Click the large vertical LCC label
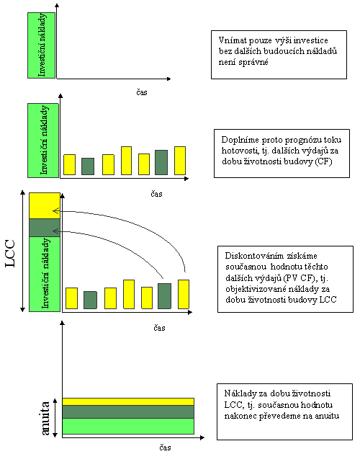10,254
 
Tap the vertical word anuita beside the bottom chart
45,418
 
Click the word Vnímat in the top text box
230,40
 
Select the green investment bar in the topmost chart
41,45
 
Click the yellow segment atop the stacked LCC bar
45,205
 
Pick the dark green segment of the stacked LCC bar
45,228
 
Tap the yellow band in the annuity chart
128,401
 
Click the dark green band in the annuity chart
128,411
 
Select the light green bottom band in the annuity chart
128,426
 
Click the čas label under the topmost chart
142,92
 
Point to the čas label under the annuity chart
165,448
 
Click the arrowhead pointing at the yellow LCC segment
56,210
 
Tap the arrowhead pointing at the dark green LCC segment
56,231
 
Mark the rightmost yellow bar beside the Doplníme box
180,161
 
